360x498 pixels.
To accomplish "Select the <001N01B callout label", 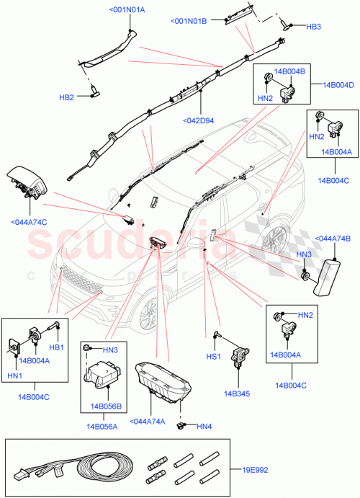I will [x=189, y=22].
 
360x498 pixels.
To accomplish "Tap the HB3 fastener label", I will [x=314, y=27].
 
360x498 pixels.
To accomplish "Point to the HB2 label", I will [x=66, y=97].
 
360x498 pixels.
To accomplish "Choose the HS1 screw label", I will [x=213, y=355].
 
